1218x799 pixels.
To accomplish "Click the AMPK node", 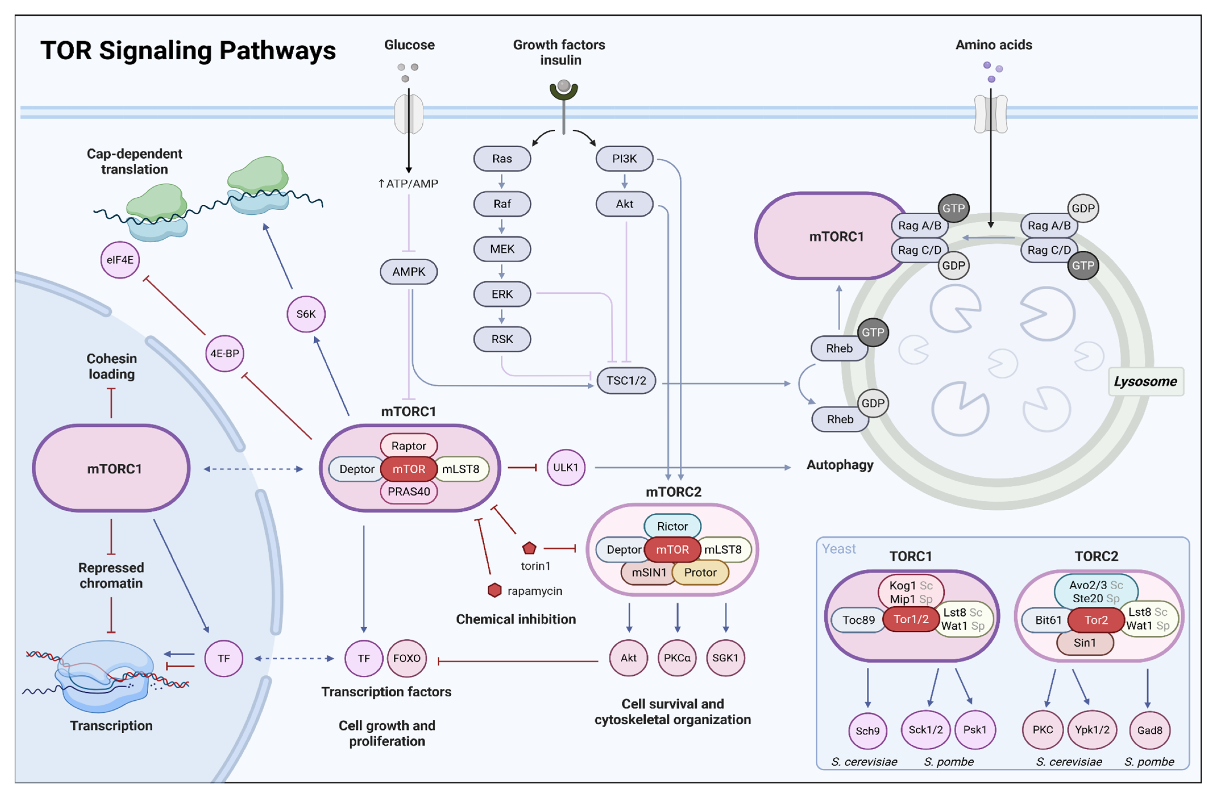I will coord(408,272).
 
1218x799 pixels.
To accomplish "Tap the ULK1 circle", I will coord(566,467).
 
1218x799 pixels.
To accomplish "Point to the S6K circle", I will coord(306,314).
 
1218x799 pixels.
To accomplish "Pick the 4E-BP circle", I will coord(225,353).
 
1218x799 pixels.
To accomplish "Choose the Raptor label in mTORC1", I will coord(408,446).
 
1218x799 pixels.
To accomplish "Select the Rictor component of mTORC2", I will coord(672,526).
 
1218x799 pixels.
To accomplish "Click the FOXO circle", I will coord(407,658).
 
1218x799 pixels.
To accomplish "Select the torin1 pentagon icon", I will coord(529,548).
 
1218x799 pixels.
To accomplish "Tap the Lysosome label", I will coord(1145,381).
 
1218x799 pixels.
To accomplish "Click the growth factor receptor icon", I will coord(564,90).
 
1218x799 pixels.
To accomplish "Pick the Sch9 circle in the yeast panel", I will coord(867,731).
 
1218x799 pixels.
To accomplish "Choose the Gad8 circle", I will coord(1150,730).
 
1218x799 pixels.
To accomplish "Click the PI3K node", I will coord(624,159).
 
